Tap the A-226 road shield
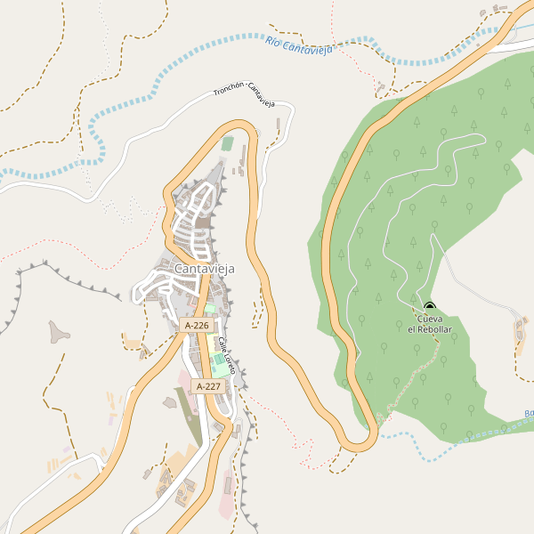[x=197, y=326]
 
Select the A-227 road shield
[x=206, y=386]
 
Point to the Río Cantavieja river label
[x=299, y=45]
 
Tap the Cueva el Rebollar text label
[x=430, y=324]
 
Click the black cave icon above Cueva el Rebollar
[x=430, y=307]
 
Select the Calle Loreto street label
[x=228, y=356]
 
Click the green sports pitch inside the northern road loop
[x=228, y=143]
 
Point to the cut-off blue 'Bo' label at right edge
[x=529, y=414]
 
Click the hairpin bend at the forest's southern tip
[x=360, y=441]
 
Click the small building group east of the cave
[x=521, y=331]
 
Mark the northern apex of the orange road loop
[x=239, y=124]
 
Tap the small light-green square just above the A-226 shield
[x=210, y=309]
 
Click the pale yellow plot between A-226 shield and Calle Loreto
[x=216, y=339]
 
